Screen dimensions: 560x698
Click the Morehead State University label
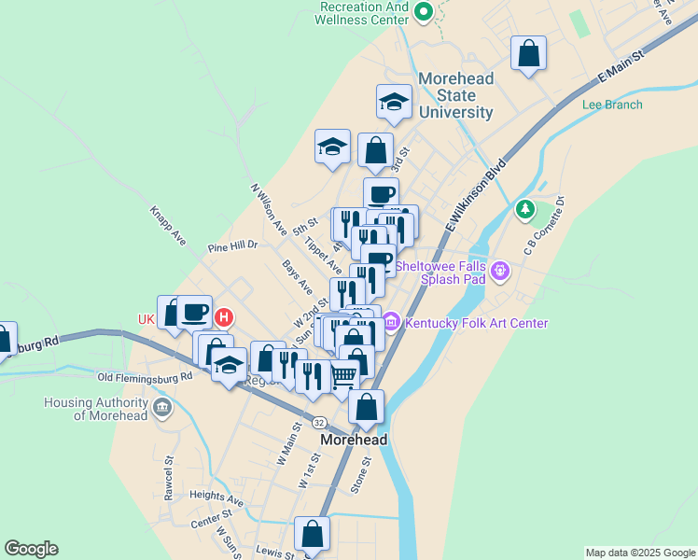coord(455,95)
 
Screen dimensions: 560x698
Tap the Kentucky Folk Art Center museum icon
coord(391,322)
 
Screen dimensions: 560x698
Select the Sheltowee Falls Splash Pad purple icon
coord(501,272)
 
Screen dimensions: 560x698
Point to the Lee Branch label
coord(612,105)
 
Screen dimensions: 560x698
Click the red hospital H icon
coord(222,318)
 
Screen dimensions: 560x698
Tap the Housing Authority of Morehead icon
coord(162,406)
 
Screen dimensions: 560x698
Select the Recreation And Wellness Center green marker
coord(422,12)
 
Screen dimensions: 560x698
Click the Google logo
coord(31,549)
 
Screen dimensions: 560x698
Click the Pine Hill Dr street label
coord(232,247)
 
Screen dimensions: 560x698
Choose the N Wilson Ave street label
coord(268,208)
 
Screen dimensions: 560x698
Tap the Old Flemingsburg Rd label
coord(145,377)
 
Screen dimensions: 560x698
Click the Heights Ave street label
coord(216,498)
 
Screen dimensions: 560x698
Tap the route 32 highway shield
coord(319,422)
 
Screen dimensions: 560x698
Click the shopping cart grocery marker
coord(343,376)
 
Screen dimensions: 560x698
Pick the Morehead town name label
coord(354,439)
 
